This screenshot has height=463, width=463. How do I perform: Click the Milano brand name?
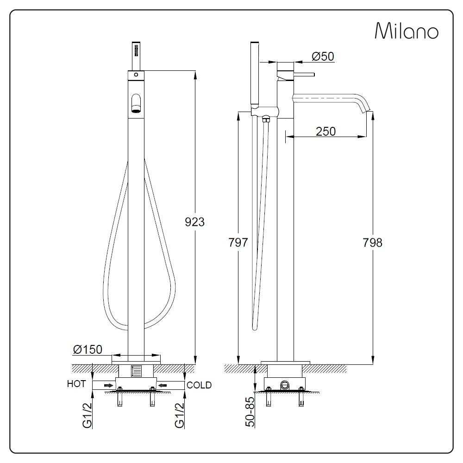pyautogui.click(x=407, y=31)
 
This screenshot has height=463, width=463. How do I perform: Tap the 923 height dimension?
pyautogui.click(x=194, y=222)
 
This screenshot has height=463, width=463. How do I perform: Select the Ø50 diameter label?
pyautogui.click(x=323, y=56)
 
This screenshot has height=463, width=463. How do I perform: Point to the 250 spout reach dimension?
pyautogui.click(x=325, y=131)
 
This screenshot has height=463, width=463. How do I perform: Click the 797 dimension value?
pyautogui.click(x=238, y=243)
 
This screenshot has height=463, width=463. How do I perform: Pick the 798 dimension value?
pyautogui.click(x=372, y=243)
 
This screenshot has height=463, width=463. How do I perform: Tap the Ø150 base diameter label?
pyautogui.click(x=88, y=350)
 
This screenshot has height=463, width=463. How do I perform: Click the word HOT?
pyautogui.click(x=76, y=384)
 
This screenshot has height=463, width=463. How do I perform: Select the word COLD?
pyautogui.click(x=199, y=385)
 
